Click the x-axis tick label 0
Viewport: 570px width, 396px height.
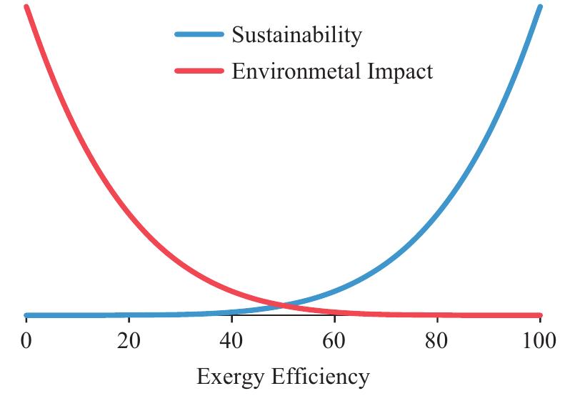click(26, 340)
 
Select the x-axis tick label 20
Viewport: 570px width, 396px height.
click(129, 340)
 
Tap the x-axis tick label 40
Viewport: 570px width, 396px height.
click(231, 340)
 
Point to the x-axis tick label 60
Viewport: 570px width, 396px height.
click(334, 340)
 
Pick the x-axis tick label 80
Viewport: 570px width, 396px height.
click(437, 340)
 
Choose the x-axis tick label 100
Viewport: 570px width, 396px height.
click(539, 340)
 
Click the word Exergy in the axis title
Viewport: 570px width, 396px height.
click(231, 377)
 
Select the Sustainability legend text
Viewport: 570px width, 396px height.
click(296, 34)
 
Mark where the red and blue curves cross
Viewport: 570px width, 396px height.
click(283, 306)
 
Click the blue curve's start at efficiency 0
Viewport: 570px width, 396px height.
click(26, 315)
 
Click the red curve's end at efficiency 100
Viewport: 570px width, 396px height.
click(539, 315)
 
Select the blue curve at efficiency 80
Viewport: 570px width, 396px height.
click(437, 212)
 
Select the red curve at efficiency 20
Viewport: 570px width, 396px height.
click(129, 212)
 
